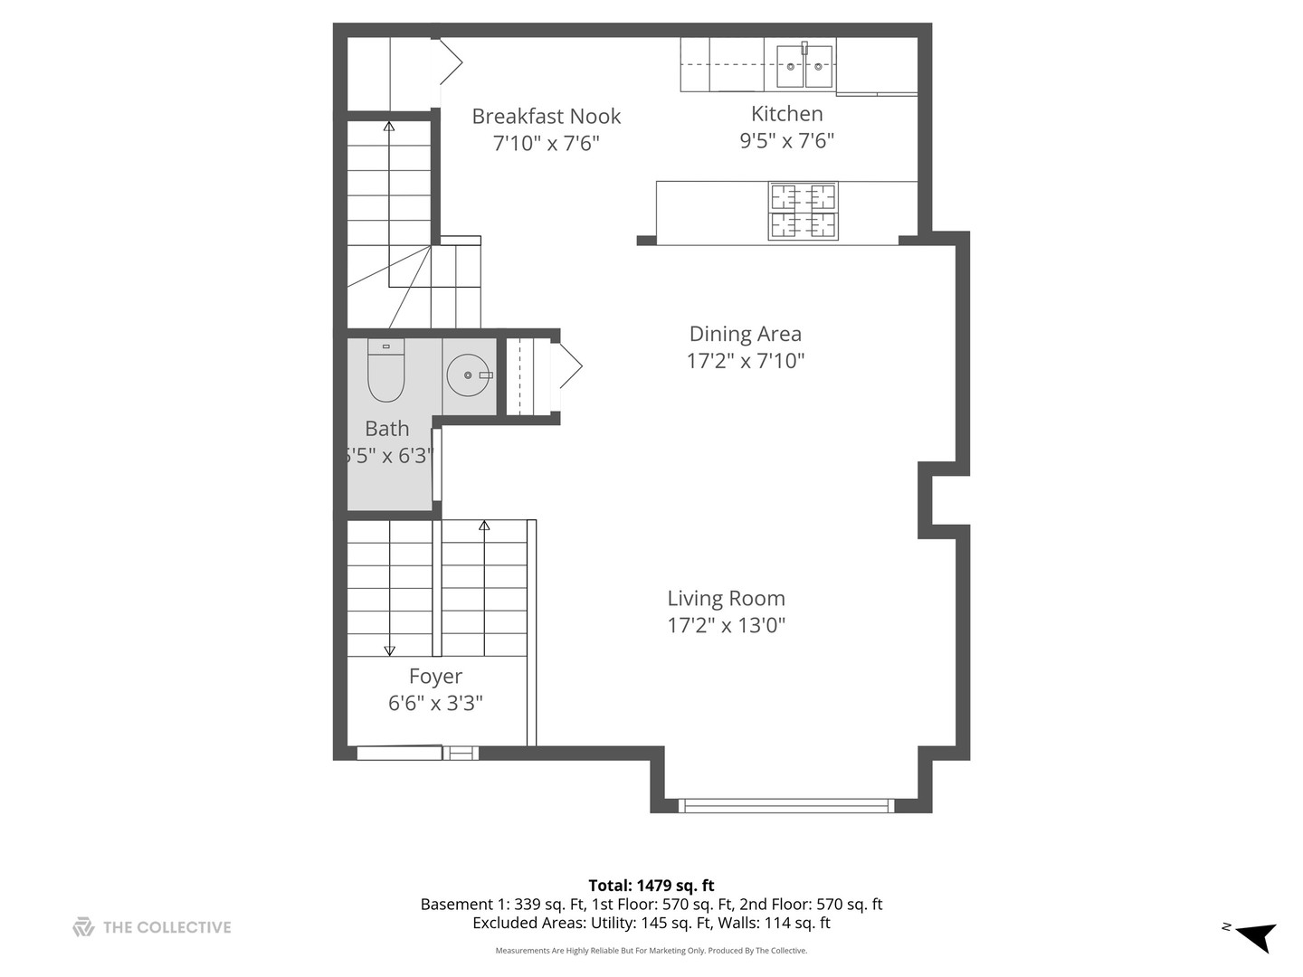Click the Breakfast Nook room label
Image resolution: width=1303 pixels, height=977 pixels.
click(546, 116)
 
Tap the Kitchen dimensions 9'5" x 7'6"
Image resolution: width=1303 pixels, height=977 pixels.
click(786, 140)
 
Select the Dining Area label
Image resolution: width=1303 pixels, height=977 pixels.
click(745, 334)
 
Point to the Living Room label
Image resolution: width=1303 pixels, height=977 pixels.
click(726, 598)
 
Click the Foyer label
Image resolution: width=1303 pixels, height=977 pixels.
click(435, 676)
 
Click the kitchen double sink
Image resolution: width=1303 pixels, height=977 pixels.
click(804, 65)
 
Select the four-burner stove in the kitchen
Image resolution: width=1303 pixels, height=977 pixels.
click(803, 211)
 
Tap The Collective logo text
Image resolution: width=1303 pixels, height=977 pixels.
click(166, 927)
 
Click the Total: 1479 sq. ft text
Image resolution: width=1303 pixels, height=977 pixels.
click(651, 886)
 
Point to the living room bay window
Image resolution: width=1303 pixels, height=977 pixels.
click(785, 804)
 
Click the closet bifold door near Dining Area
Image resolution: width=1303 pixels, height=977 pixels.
click(570, 366)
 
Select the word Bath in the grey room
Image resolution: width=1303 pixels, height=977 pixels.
click(386, 429)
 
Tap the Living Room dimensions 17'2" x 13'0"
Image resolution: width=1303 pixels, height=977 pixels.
click(726, 625)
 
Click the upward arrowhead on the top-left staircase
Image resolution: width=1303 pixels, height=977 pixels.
click(389, 127)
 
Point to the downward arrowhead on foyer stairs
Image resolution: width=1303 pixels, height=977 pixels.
click(390, 650)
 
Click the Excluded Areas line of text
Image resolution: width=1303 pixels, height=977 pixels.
click(651, 924)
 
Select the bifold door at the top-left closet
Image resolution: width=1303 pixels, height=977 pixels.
click(451, 62)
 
